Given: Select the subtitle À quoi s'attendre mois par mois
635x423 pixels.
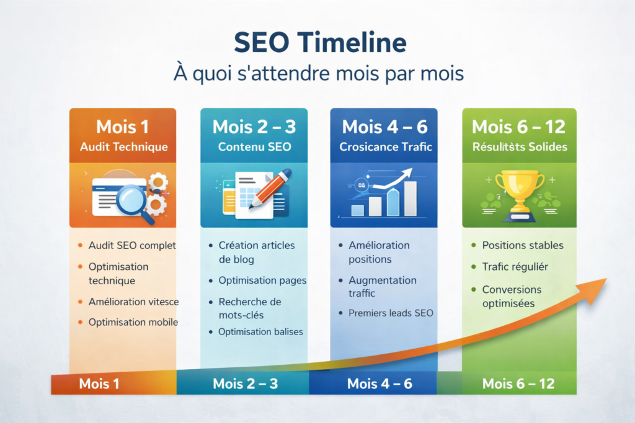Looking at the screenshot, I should coord(317,74).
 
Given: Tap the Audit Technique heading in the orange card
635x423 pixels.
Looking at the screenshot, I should coord(124,147).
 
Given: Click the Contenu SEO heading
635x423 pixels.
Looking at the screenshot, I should coord(254,147).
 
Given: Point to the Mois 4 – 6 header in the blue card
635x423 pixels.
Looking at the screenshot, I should coord(384,127).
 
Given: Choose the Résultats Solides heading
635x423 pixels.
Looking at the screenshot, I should coord(518,147).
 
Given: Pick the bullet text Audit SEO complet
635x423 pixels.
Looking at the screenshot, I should coord(132,245).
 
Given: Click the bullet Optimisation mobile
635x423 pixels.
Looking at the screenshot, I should coord(133,322).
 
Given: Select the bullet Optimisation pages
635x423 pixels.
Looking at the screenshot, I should coord(262,281).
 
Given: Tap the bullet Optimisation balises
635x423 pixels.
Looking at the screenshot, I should coord(260,332).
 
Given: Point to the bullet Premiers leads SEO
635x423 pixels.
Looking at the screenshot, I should coord(391,313).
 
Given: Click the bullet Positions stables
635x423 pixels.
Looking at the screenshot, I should coord(523,245).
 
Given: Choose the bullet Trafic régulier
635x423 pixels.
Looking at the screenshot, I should coord(515,267).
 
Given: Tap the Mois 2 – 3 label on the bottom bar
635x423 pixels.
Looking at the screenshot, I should coord(246,384).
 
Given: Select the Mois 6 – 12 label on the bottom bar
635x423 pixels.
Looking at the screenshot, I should coord(518,384).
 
